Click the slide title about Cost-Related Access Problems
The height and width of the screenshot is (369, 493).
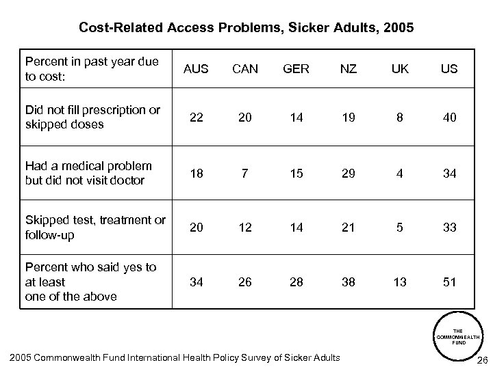coord(246,28)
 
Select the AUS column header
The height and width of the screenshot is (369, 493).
coord(197,69)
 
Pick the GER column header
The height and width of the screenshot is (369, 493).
coord(296,69)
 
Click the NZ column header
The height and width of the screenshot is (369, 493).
coord(348,69)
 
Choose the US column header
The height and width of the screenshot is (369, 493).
coord(448,69)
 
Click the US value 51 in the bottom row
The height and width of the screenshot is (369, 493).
coord(448,282)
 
